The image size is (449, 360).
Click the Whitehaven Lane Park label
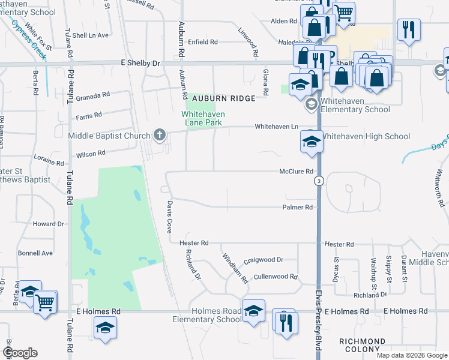(x=202, y=118)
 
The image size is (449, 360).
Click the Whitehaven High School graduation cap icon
(x=311, y=142)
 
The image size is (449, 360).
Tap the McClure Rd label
(x=297, y=171)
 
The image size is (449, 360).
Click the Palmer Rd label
(x=298, y=208)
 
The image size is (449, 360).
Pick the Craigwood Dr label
(x=263, y=260)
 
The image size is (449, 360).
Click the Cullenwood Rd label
(x=276, y=277)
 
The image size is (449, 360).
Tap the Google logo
(x=20, y=353)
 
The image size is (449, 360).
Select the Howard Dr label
(x=48, y=224)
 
